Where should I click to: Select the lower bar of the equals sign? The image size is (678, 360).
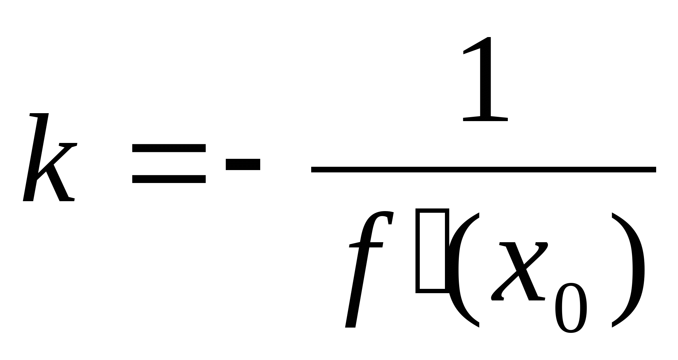(169, 179)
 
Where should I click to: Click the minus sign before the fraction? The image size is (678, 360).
(243, 164)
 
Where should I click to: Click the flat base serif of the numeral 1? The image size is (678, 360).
(485, 118)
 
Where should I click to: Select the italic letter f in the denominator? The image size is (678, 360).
(367, 268)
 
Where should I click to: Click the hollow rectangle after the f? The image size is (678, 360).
(432, 250)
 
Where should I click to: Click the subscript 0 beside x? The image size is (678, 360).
(571, 308)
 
